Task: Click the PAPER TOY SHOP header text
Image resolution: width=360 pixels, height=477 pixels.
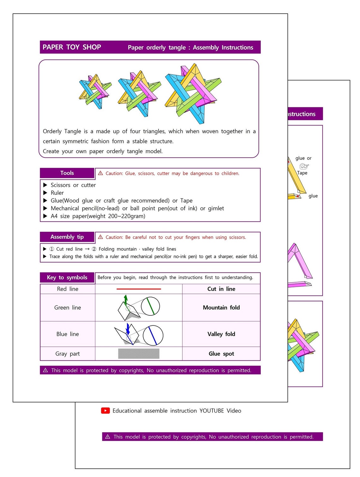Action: pyautogui.click(x=72, y=47)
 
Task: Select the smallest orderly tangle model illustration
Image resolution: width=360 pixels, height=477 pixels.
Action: pyautogui.click(x=95, y=92)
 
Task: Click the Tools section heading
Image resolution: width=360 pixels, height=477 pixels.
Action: pyautogui.click(x=67, y=173)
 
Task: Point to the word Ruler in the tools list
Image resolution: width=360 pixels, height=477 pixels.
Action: pyautogui.click(x=57, y=193)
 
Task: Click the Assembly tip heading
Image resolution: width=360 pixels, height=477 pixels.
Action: pyautogui.click(x=67, y=237)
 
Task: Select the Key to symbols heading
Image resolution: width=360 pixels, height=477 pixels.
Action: pyautogui.click(x=67, y=277)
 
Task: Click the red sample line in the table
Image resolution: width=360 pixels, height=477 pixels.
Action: pyautogui.click(x=139, y=289)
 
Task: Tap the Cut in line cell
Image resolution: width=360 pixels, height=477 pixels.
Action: pyautogui.click(x=221, y=289)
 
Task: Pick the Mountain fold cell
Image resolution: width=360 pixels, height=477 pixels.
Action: pyautogui.click(x=221, y=307)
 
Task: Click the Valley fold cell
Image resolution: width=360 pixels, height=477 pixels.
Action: pyautogui.click(x=221, y=334)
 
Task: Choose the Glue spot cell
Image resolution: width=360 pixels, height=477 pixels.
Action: pyautogui.click(x=221, y=354)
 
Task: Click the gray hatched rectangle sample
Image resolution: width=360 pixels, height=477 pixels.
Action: pyautogui.click(x=139, y=354)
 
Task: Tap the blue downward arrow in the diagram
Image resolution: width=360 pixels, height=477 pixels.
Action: pyautogui.click(x=128, y=328)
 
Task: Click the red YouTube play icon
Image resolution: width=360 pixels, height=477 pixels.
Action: pyautogui.click(x=105, y=410)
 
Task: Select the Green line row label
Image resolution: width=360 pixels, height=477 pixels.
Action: pyautogui.click(x=68, y=307)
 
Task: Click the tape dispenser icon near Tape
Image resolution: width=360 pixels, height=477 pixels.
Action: pyautogui.click(x=304, y=166)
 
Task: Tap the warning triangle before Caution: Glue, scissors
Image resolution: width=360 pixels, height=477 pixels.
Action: pyautogui.click(x=100, y=173)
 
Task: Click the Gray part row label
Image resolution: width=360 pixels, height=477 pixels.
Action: pyautogui.click(x=68, y=354)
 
